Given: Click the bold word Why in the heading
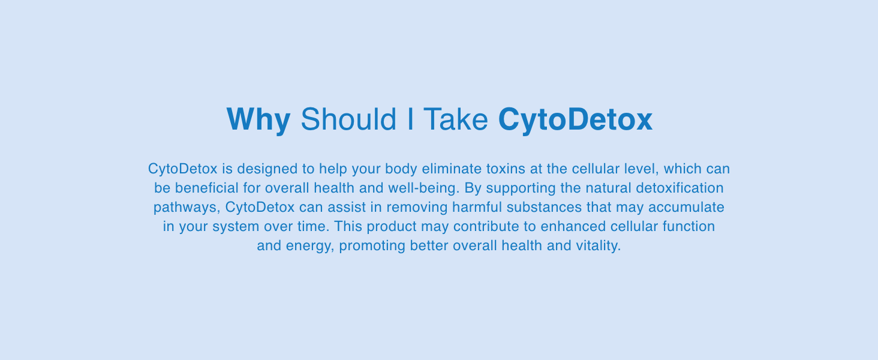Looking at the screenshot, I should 258,120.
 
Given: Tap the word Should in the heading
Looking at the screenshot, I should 348,120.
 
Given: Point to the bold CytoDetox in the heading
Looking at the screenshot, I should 575,120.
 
